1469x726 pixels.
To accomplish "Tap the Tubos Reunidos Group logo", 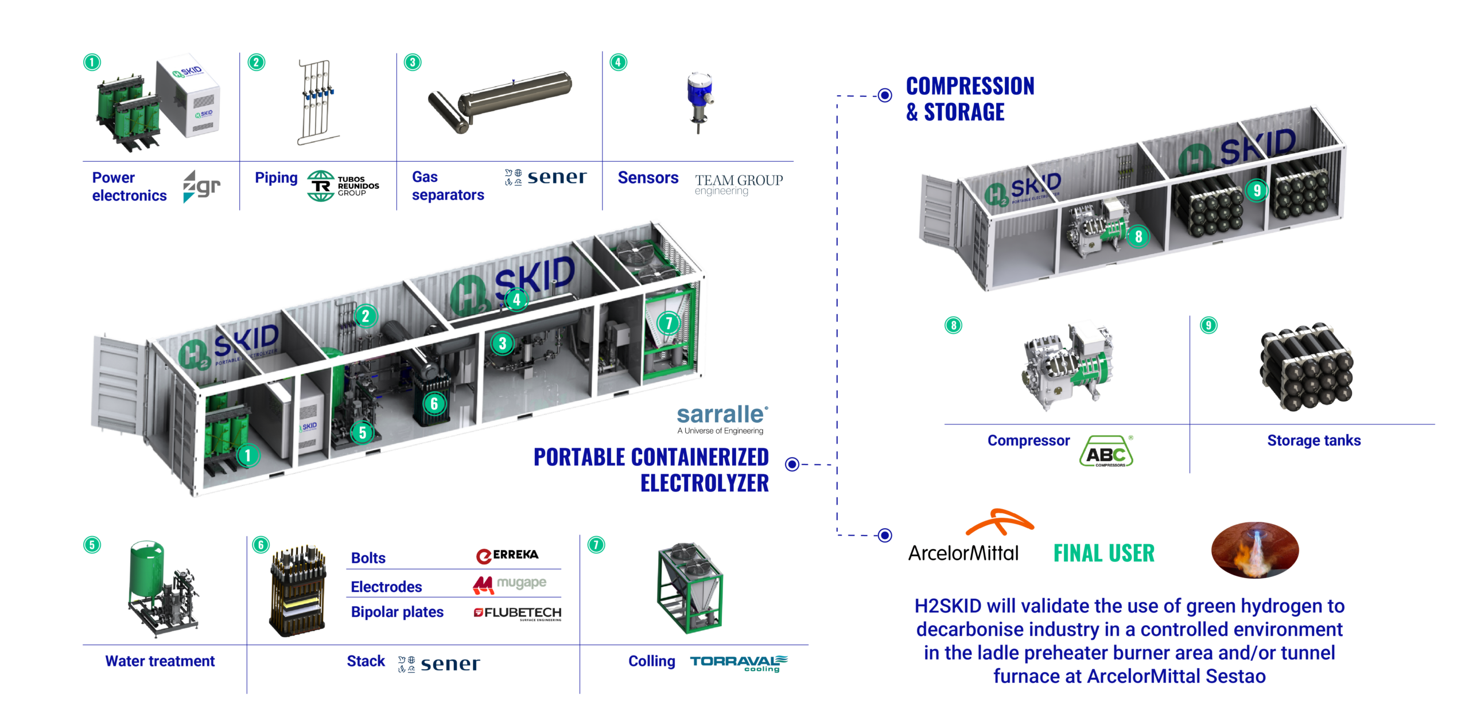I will point(343,186).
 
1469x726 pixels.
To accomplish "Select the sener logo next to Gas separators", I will point(546,178).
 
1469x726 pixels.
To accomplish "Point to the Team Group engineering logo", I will point(739,185).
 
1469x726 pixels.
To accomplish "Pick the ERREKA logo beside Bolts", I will point(507,555).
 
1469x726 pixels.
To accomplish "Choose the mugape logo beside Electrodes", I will point(509,584).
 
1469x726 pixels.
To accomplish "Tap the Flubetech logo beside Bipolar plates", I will point(517,613).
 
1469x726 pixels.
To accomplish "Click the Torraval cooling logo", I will point(739,662).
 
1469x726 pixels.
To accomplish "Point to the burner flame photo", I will point(1255,549).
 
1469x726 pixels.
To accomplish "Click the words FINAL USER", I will point(1103,553).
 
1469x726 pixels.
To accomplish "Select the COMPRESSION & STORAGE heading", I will point(970,99).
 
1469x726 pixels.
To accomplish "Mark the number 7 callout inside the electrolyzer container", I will point(669,323).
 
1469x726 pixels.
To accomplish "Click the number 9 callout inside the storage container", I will point(1257,190).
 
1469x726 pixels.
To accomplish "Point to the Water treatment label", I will point(160,661).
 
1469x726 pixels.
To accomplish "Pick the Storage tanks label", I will point(1313,440).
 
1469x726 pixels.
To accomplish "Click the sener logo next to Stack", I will point(439,664).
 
